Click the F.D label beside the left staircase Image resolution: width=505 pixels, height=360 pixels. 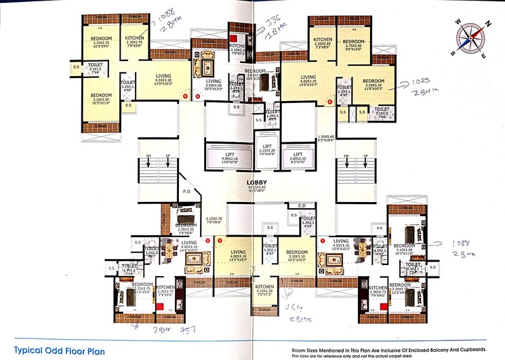point(186,192)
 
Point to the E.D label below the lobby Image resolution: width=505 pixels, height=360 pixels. point(302,205)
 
